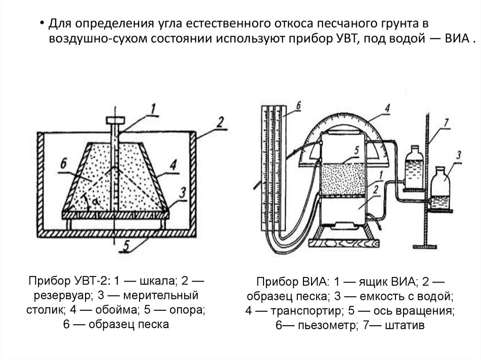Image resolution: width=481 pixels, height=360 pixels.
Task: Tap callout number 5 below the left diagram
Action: tap(126, 244)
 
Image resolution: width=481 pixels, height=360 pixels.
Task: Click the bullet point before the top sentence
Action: tap(41, 24)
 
